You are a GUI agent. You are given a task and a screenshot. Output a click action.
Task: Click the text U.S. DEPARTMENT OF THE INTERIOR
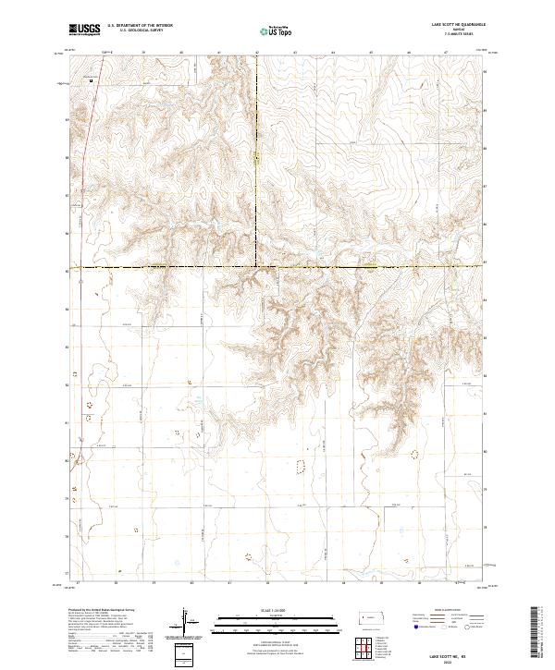click(140, 26)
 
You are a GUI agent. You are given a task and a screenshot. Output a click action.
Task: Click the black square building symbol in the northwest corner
click(92, 80)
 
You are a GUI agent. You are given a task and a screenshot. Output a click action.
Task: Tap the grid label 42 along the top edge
click(256, 53)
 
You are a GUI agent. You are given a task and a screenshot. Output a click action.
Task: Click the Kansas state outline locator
click(376, 615)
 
